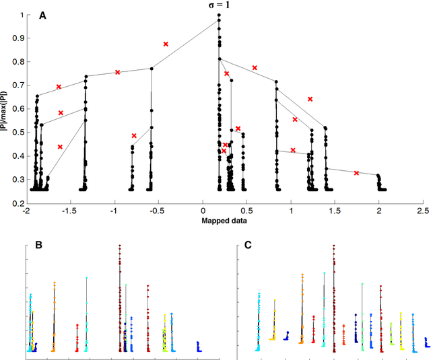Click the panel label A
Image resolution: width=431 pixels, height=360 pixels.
point(42,15)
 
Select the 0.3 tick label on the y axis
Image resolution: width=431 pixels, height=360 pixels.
point(15,180)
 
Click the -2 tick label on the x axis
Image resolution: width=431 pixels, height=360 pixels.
point(26,210)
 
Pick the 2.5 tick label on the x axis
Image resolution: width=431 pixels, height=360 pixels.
point(422,210)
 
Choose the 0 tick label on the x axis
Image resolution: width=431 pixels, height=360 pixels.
point(203,210)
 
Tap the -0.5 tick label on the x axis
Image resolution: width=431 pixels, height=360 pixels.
point(158,210)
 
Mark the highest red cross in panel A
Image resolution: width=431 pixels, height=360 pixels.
point(166,44)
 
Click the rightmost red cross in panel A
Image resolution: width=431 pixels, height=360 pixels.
point(356,173)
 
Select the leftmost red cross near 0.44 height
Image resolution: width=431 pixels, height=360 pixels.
point(60,147)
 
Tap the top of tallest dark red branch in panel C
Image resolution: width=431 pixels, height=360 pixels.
point(334,246)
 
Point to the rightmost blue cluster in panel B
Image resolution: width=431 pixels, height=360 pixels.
point(198,346)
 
